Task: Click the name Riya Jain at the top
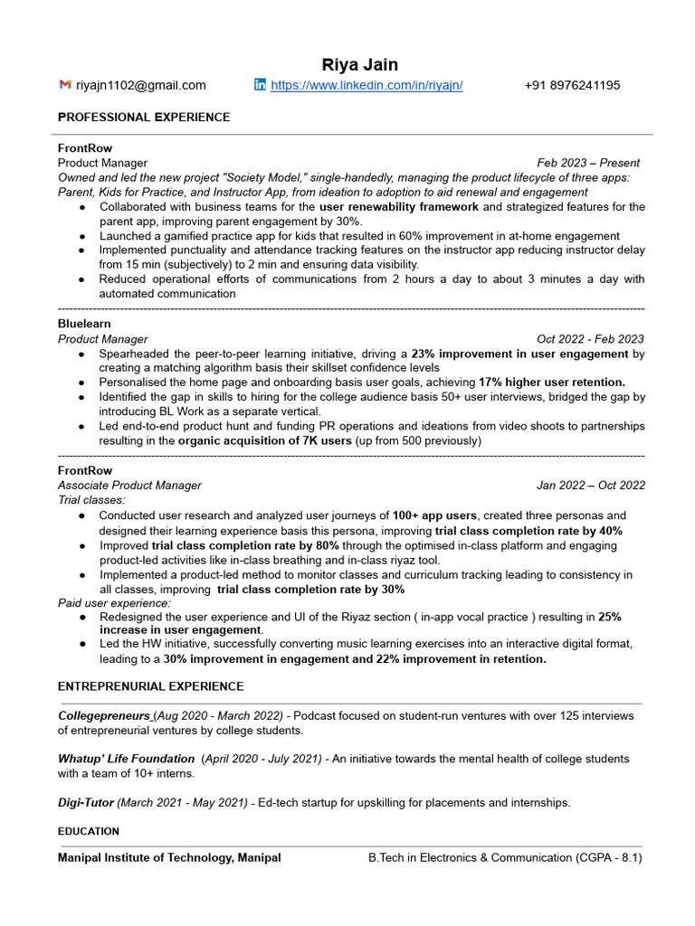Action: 360,64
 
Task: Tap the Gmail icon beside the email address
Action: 65,85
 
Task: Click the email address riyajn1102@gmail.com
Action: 141,85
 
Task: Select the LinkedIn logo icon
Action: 261,85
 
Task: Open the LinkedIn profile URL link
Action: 367,85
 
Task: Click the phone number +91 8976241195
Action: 572,85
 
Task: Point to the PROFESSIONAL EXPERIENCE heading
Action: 144,117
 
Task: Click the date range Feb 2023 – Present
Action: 588,163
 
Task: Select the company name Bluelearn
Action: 84,323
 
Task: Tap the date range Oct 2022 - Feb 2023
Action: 590,339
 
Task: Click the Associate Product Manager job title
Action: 129,485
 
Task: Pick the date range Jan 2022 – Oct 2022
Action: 590,485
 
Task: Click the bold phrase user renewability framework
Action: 399,206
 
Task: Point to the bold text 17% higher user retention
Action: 551,382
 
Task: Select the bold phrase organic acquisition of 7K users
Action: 264,440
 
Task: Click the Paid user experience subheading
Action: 114,602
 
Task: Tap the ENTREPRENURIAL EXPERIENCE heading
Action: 150,686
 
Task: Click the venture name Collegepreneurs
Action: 104,715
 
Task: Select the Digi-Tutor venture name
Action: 86,802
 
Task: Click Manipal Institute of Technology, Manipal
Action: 169,857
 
